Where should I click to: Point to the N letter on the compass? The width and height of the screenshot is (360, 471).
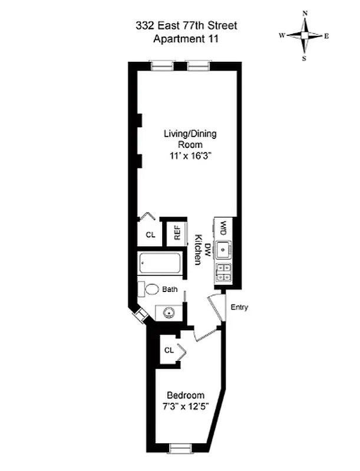point(305,12)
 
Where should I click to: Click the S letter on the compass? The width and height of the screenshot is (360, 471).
point(305,58)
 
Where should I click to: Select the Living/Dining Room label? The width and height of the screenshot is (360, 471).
point(190,139)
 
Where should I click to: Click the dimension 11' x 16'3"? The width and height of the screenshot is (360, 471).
point(190,156)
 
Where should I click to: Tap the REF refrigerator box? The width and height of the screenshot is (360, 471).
point(176,234)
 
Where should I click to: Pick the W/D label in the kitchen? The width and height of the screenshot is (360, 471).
point(224,228)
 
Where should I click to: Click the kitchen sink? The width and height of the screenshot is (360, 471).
point(224,251)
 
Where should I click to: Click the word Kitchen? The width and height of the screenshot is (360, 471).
point(199,250)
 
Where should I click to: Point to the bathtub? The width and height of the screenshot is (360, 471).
point(160,263)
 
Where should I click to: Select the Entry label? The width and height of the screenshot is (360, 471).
point(239,307)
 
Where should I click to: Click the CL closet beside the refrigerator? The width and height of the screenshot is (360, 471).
point(150,235)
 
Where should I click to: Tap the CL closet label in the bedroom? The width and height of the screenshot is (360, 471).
point(169,350)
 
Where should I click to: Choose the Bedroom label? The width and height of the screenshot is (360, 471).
point(186,395)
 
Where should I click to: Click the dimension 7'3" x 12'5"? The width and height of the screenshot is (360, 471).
point(186,406)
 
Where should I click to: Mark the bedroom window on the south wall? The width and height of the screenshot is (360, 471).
point(181,449)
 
